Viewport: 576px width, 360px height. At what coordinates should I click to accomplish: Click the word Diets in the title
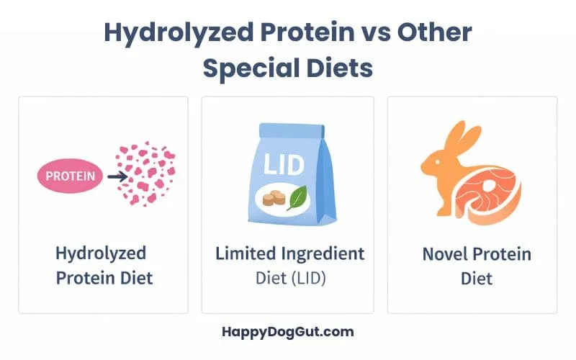point(343,68)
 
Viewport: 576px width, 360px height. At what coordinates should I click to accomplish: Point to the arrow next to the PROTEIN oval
point(116,175)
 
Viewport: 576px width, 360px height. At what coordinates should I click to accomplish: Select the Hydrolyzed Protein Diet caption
point(104,264)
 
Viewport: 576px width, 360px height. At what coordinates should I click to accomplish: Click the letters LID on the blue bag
point(287,163)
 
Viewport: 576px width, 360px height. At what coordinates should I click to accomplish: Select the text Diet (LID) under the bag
point(290,277)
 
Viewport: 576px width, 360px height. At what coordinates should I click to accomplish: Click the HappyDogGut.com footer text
point(287,332)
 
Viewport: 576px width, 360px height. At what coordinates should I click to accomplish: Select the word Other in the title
point(436,33)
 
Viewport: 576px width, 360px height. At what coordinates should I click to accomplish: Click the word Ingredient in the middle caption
point(323,253)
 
